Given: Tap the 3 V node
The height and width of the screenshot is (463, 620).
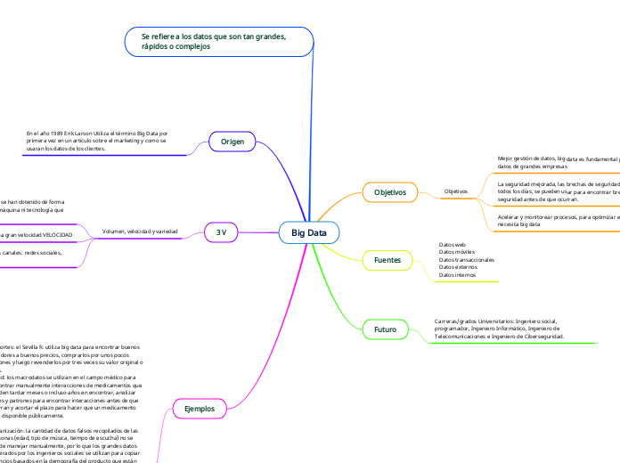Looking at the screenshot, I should (221, 231).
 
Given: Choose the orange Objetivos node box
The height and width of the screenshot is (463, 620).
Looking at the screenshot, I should (389, 192).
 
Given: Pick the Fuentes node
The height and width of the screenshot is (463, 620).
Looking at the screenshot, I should (387, 259).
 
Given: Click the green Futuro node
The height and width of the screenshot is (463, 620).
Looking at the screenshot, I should (385, 329).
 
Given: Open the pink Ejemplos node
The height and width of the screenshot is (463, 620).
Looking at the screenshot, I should (199, 409).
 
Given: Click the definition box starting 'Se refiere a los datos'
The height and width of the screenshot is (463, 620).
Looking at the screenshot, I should (218, 41).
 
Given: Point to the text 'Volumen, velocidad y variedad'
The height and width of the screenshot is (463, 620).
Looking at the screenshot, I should (141, 231).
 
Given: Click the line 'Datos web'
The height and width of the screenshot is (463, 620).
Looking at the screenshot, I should (453, 243).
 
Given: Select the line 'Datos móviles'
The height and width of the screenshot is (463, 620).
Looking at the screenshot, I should (457, 251).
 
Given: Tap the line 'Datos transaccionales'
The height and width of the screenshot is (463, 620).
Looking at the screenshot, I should (467, 259).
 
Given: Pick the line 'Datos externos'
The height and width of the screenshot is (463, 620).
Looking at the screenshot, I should (459, 267).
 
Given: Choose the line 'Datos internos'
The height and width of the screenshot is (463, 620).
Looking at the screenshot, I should (458, 275).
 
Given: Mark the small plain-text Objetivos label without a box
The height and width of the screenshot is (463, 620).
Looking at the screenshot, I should (455, 192).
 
